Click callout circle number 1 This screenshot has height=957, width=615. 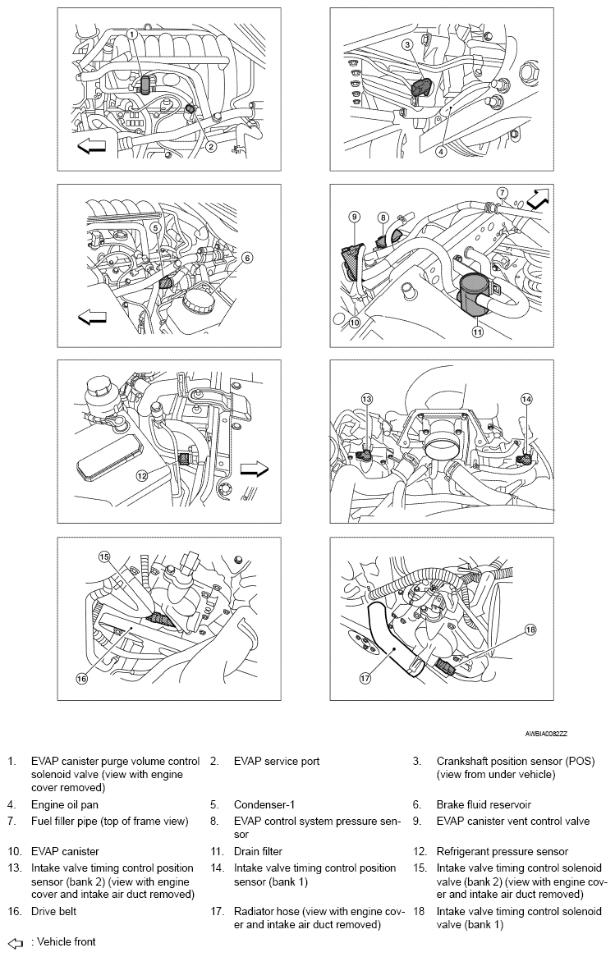coord(132,34)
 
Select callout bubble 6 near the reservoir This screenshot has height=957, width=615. coord(246,257)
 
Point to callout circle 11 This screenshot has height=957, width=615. coord(477,332)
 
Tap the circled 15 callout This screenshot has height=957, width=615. coord(104,556)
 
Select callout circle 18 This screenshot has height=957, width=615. coord(530,630)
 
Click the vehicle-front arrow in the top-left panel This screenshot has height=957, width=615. coord(92,146)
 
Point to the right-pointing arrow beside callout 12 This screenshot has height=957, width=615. coord(255,468)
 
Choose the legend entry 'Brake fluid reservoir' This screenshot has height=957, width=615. coord(487,805)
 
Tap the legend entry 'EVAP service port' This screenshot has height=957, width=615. coord(277,762)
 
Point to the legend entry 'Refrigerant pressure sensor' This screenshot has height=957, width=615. coord(502,852)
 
